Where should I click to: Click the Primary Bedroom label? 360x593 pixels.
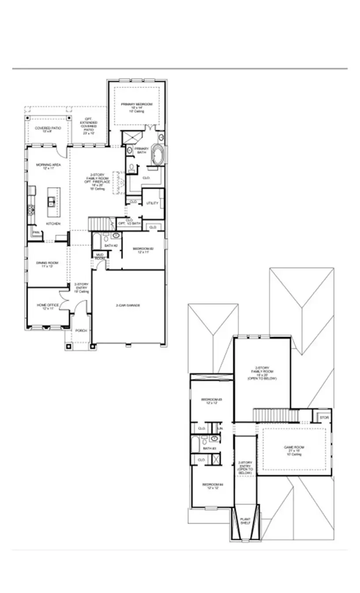137,104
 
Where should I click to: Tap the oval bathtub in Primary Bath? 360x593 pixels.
157,155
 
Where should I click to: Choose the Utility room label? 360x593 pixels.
152,203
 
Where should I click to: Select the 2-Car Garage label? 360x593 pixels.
128,305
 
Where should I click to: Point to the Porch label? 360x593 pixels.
81,330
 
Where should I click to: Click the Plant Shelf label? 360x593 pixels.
245,521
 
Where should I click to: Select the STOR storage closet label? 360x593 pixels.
324,417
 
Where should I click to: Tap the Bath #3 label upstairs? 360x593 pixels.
209,448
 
